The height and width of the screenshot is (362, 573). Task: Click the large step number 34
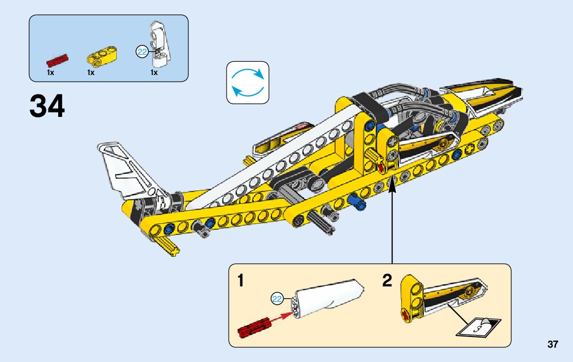47,106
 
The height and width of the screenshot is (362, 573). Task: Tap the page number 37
553,345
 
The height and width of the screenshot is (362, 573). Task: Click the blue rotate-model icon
247,83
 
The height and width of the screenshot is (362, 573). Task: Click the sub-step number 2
387,280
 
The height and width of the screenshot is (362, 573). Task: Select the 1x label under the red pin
51,73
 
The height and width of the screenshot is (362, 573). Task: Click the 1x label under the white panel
154,73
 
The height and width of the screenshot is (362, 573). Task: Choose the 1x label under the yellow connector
91,73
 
